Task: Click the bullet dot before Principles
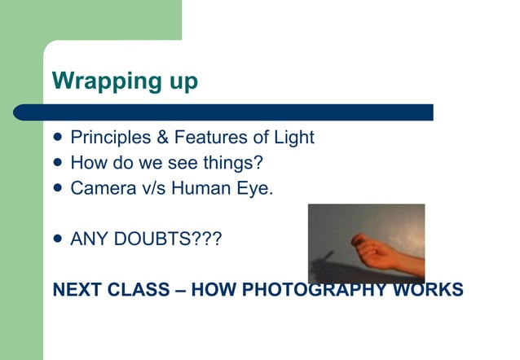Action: [57, 138]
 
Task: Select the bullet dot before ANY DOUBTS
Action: [57, 239]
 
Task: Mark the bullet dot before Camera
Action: [57, 188]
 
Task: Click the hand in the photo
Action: [383, 253]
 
